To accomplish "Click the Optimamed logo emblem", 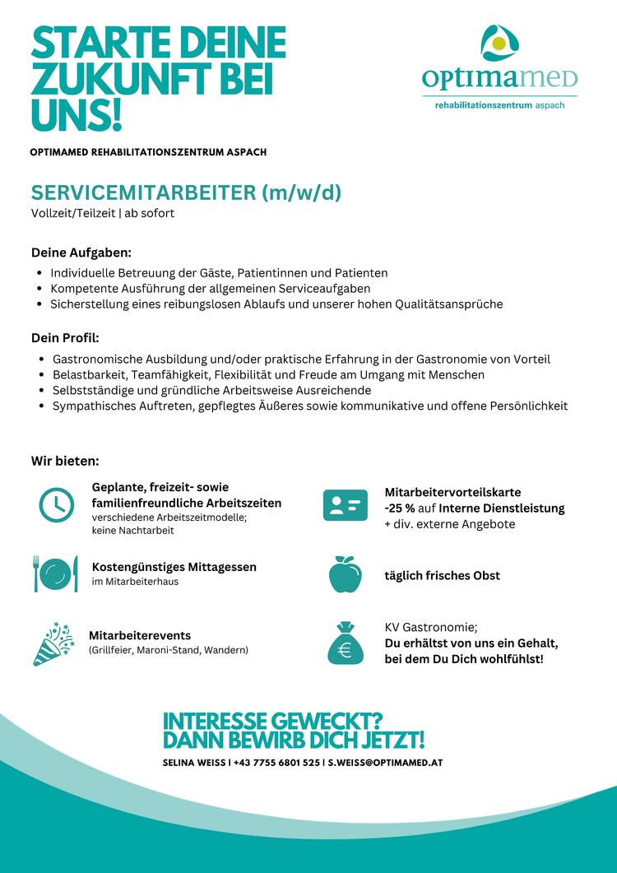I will tap(499, 45).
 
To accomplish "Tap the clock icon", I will tap(57, 504).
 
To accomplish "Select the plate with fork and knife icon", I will tap(56, 573).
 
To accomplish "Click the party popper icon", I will tap(54, 643).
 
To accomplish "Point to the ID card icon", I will tap(345, 505).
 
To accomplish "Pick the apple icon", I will tap(345, 574).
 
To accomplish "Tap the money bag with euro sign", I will tap(345, 643).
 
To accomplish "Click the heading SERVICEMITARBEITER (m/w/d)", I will tap(186, 193).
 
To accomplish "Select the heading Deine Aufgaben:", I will tap(81, 251).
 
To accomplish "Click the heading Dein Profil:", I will tap(65, 337).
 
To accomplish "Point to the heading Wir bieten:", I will tap(65, 459).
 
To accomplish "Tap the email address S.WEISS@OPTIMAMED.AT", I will tap(386, 763).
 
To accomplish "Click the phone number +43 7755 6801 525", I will tap(276, 763).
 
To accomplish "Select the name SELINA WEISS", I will tap(194, 763).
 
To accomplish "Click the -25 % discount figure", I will tap(401, 508).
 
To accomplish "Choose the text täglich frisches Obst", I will tap(443, 575).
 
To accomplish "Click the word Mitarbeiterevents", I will tap(140, 635).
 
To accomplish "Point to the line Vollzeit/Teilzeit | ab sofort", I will tap(103, 214).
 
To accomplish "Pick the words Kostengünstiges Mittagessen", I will tap(174, 567).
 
